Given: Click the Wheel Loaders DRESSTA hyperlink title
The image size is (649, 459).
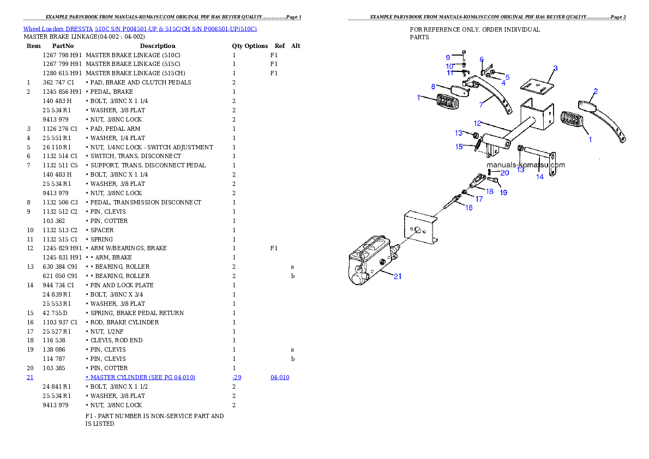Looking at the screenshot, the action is (x=140, y=29).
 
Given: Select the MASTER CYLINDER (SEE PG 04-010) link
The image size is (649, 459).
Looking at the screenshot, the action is (x=140, y=377).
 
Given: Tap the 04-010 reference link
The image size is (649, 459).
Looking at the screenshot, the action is (x=280, y=377).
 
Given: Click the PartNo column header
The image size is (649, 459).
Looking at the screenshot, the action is (x=63, y=46).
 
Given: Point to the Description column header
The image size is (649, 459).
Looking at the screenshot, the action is (x=158, y=46).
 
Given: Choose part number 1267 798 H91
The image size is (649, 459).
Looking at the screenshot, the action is (x=62, y=55).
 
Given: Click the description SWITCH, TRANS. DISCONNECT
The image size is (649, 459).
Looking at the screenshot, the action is (x=136, y=156).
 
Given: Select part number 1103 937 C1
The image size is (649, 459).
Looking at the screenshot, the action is (x=60, y=322).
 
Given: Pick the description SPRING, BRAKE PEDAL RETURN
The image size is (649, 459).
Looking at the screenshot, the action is (x=137, y=313).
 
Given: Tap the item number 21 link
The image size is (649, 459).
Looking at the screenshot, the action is (x=30, y=377).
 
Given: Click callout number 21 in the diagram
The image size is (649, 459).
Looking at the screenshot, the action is (x=398, y=276).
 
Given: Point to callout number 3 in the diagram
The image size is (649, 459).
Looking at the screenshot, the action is (x=555, y=68).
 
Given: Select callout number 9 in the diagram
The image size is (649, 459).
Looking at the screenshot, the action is (x=448, y=58).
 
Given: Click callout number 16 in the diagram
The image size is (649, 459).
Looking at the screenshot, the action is (x=469, y=208).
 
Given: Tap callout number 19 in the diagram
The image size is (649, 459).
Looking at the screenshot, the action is (x=503, y=192).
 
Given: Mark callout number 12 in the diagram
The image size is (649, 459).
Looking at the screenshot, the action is (x=478, y=123).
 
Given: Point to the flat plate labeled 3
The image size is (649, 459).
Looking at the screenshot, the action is (x=537, y=86).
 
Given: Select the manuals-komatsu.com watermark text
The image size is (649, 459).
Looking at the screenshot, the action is (x=526, y=165).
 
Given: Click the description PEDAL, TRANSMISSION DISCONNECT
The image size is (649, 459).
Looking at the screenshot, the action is (x=146, y=202).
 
